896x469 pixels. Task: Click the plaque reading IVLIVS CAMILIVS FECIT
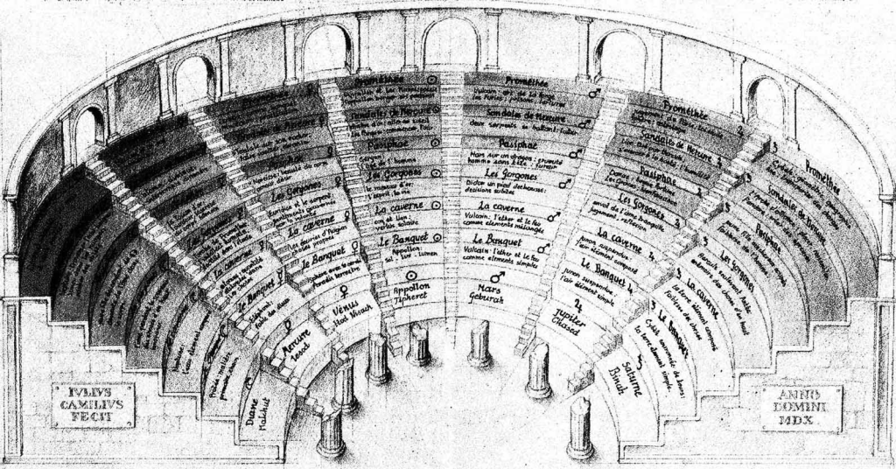(x=92, y=405)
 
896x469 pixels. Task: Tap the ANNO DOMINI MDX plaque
(x=801, y=408)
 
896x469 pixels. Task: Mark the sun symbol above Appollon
(x=411, y=276)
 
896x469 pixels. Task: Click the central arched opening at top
(x=450, y=43)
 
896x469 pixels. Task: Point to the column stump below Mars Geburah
(x=479, y=343)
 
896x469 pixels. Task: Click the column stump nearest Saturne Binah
(x=579, y=426)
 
